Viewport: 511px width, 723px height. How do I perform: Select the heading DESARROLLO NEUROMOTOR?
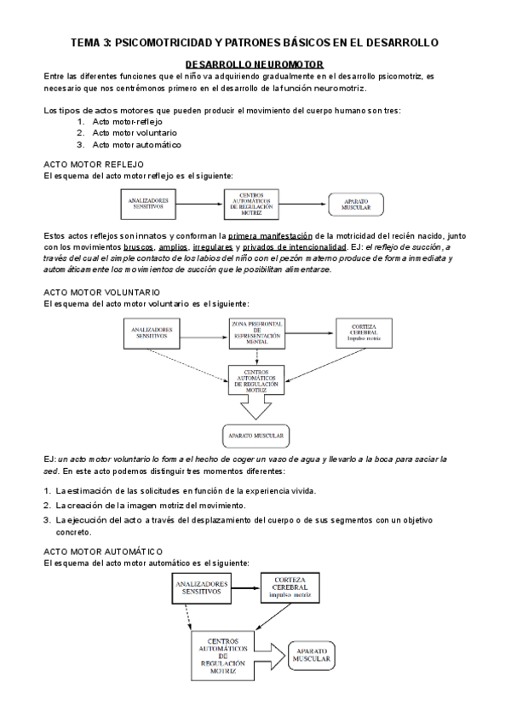(253, 64)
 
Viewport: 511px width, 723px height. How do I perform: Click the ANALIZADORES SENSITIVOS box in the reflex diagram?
(150, 205)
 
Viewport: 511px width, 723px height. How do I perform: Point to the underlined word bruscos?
(138, 246)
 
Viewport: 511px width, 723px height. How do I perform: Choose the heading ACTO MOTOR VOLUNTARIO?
(101, 292)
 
